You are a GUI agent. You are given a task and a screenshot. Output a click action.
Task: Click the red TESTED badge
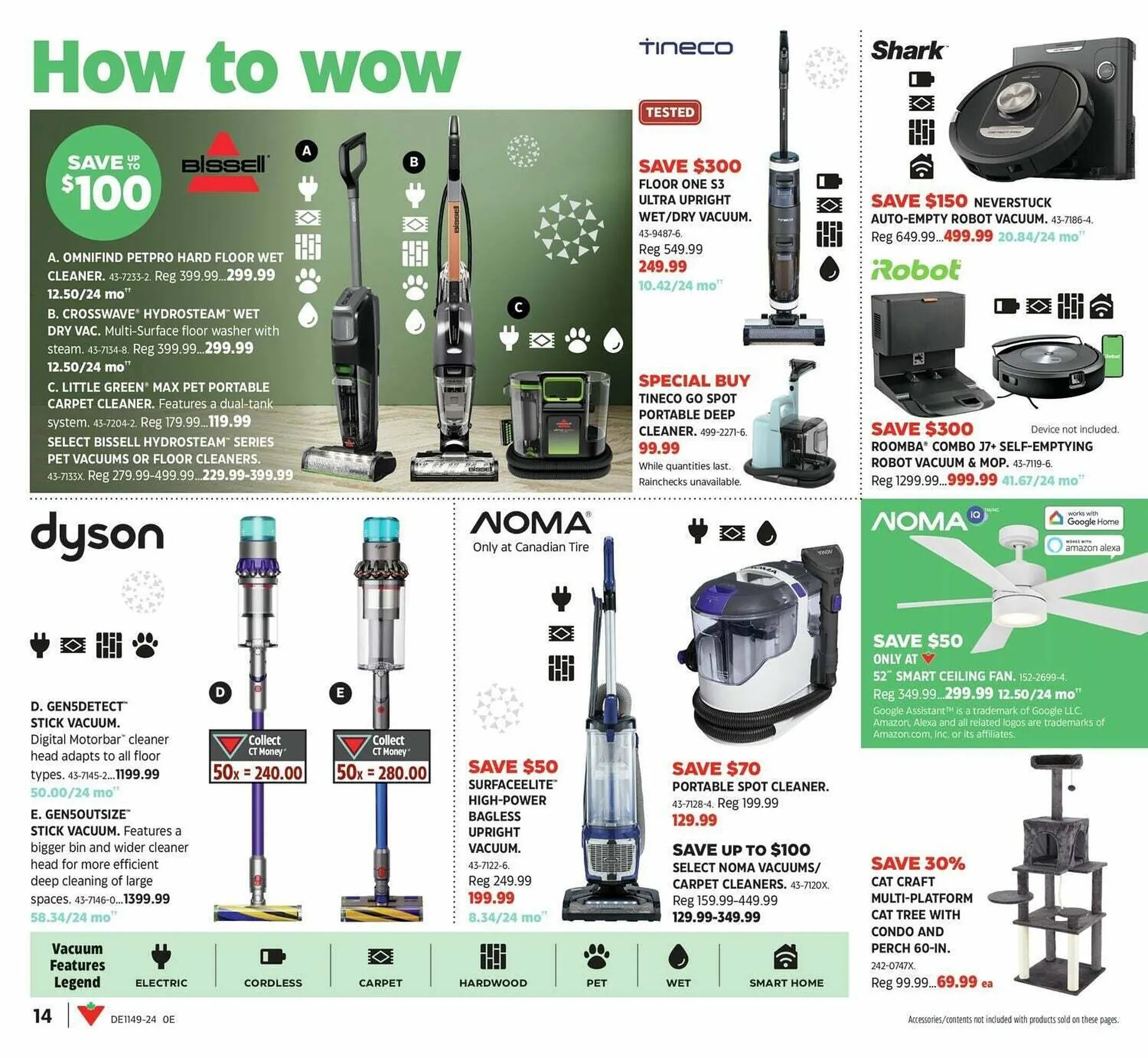pyautogui.click(x=670, y=112)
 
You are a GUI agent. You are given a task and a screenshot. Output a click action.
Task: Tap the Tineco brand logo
pyautogui.click(x=686, y=47)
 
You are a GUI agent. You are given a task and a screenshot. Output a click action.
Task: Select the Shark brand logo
pyautogui.click(x=908, y=50)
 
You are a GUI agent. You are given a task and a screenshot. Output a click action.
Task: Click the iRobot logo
pyautogui.click(x=915, y=270)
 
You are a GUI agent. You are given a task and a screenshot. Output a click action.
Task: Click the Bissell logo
pyautogui.click(x=224, y=163)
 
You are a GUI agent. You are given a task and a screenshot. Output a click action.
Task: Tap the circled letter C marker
pyautogui.click(x=518, y=308)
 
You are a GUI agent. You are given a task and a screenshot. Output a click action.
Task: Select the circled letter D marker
pyautogui.click(x=220, y=693)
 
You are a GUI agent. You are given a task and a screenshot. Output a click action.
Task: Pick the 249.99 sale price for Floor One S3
pyautogui.click(x=662, y=267)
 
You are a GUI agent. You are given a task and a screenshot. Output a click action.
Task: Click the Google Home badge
pyautogui.click(x=1083, y=518)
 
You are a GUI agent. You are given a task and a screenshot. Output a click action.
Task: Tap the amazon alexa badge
pyautogui.click(x=1083, y=546)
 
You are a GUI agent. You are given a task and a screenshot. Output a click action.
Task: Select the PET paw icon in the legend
pyautogui.click(x=596, y=957)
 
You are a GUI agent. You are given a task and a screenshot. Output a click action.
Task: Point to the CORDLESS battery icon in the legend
pyautogui.click(x=273, y=957)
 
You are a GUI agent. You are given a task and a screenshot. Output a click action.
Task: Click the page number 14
pyautogui.click(x=42, y=1016)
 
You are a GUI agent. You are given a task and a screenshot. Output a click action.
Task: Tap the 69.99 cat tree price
pyautogui.click(x=957, y=982)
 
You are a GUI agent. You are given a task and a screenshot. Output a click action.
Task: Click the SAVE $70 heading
pyautogui.click(x=716, y=769)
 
